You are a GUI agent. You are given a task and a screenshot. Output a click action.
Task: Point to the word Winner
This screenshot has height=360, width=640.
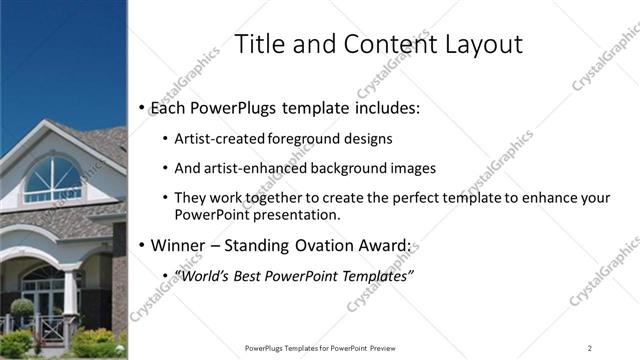pyautogui.click(x=177, y=245)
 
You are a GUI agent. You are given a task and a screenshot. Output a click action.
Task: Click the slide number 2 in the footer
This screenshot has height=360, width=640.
pyautogui.click(x=590, y=348)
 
